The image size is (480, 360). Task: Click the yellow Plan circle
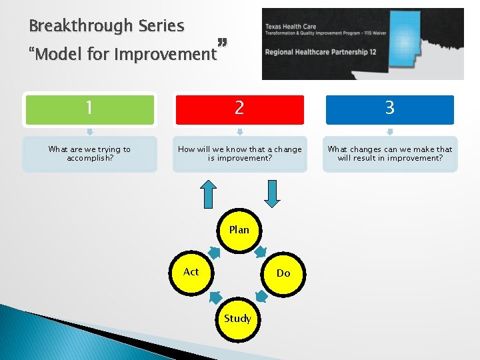(239, 230)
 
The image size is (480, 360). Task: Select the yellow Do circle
(283, 273)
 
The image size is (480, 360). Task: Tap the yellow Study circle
(238, 318)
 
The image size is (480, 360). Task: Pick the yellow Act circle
(191, 272)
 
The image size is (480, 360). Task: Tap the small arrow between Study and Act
(215, 297)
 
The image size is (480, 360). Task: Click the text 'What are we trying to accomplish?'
(90, 154)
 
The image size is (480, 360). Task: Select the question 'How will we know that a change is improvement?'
(239, 154)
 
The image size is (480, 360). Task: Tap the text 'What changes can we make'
(390, 149)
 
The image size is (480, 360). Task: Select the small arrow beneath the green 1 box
(90, 131)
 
